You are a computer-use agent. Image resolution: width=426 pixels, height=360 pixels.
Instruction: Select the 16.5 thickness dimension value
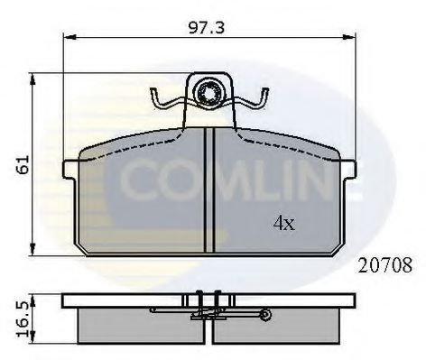point(23,315)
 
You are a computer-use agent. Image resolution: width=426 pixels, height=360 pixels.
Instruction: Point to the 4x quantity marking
point(283,222)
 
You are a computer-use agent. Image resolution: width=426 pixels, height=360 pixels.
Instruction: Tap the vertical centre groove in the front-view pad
point(208,189)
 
